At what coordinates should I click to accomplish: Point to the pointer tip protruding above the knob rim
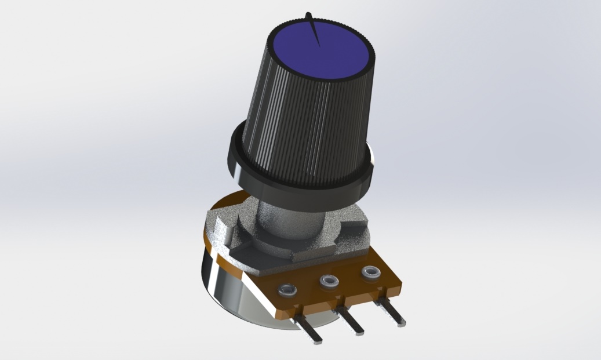pyautogui.click(x=310, y=14)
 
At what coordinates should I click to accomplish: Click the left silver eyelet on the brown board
pyautogui.click(x=286, y=290)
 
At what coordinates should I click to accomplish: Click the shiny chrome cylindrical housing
pyautogui.click(x=232, y=284)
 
